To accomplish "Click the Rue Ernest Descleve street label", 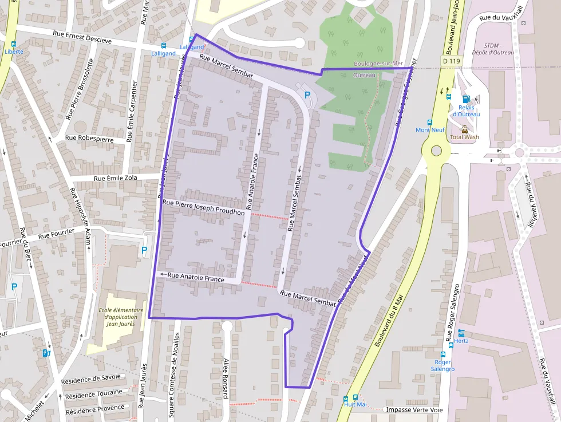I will [82, 37].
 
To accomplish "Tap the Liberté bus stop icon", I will [14, 44].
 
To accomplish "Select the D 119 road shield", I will [452, 61].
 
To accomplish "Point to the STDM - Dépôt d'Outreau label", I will [498, 49].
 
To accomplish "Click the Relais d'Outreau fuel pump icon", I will [465, 99].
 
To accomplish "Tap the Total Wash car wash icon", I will [465, 129].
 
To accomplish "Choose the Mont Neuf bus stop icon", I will [429, 122].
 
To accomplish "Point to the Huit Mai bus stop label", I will [355, 404].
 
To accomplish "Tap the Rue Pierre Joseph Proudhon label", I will [204, 207].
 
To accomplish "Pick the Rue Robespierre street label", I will [89, 139].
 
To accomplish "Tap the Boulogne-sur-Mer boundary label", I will [379, 64].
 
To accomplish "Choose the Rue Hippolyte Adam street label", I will [80, 215].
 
